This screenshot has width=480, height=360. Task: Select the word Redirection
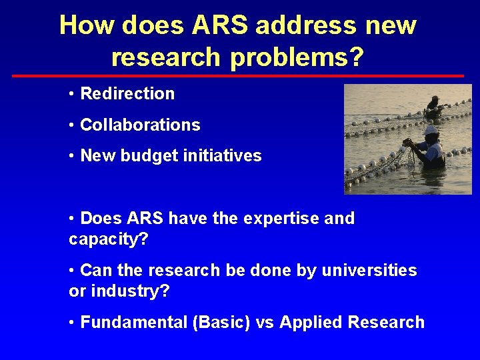coord(127,94)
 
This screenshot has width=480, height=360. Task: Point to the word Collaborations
coord(140,125)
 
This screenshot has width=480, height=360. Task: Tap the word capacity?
coord(108,239)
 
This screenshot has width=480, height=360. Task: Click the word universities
coord(369,271)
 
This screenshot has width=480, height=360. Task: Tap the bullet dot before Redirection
coord(71,94)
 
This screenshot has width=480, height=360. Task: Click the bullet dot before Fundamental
coord(71,323)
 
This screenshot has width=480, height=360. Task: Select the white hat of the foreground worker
coord(431,129)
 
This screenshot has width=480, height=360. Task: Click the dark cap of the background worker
coord(435,100)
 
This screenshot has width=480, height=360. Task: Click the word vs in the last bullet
coord(265,323)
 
